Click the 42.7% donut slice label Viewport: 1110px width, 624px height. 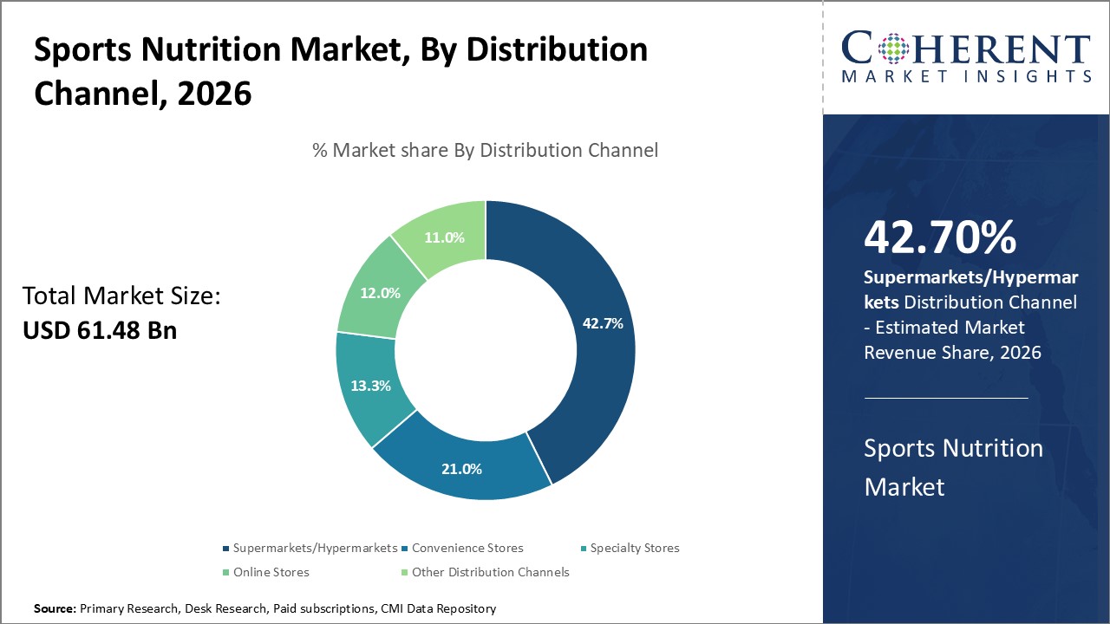coord(603,323)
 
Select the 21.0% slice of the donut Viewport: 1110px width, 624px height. coord(460,468)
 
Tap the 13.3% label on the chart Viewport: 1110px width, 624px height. coord(370,386)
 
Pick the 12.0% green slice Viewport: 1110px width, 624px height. coord(380,293)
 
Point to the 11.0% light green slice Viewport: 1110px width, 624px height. coord(443,237)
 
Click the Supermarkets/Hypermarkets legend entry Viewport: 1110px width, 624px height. coord(310,548)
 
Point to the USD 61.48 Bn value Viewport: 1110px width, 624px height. coord(100,329)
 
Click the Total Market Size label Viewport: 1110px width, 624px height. coord(121,296)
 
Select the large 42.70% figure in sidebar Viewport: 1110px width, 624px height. coord(940,237)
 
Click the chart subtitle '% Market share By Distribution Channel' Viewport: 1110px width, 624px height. coord(485,150)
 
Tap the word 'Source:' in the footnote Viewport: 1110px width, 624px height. coord(55,609)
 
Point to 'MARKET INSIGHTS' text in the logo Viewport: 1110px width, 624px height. coord(966,76)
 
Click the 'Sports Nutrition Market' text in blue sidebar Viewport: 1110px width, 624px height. coord(953,467)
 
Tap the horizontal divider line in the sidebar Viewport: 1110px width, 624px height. coord(945,398)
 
